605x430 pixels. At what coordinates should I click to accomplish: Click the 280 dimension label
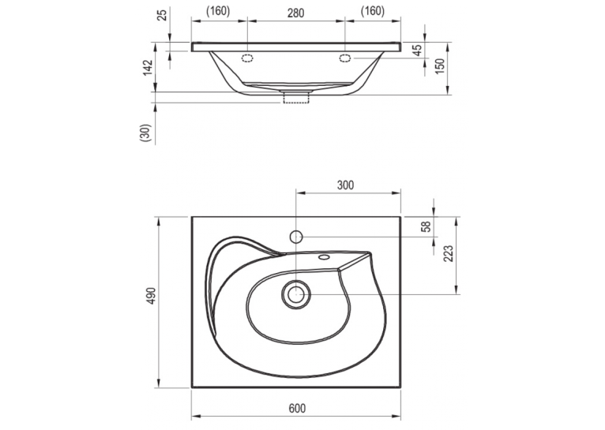coord(296,13)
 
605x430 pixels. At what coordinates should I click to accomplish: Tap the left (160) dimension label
coord(218,12)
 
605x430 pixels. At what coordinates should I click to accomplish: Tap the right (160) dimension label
coord(373,12)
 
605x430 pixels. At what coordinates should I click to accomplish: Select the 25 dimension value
coord(163,14)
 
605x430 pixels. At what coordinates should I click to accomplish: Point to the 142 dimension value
coord(148,68)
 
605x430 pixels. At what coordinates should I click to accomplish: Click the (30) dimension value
coord(145,133)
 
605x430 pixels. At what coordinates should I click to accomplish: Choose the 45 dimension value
coord(417,50)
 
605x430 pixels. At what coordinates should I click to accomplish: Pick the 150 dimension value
coord(440,66)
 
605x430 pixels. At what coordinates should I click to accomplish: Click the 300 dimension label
coord(345,185)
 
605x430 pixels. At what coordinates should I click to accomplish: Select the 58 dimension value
coord(426,226)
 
